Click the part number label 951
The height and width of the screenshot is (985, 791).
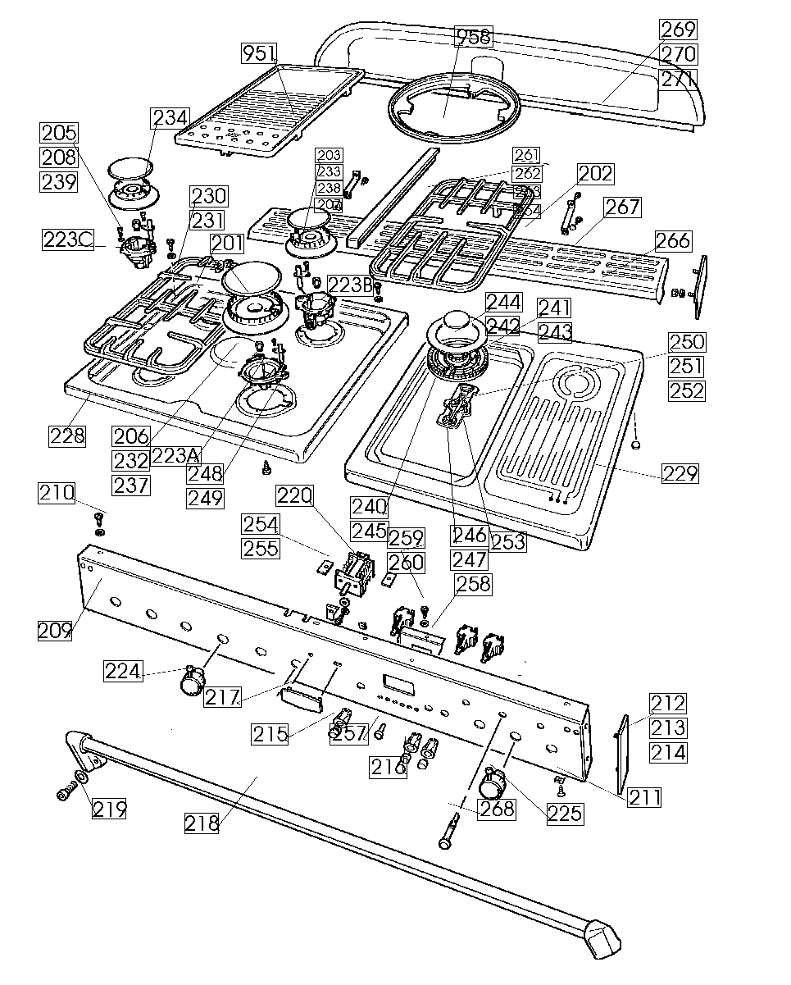(x=259, y=54)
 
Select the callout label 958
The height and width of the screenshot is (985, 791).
(x=474, y=36)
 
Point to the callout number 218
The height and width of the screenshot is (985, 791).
(x=202, y=823)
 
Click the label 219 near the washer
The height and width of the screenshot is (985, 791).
(x=109, y=809)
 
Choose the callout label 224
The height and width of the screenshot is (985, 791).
(x=123, y=672)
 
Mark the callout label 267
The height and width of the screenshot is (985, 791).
(x=623, y=207)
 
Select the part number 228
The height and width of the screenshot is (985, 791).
(x=66, y=435)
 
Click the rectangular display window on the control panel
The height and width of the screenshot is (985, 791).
(x=398, y=682)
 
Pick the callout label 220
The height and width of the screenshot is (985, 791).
(x=294, y=495)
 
